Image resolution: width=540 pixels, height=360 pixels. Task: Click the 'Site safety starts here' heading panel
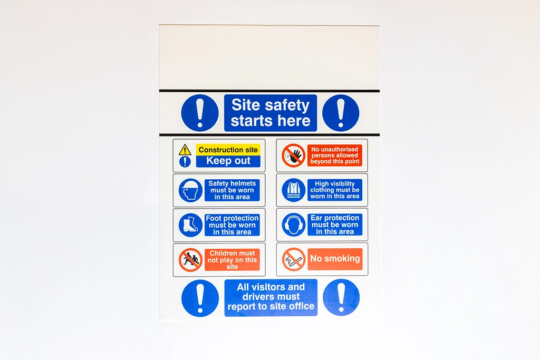271,113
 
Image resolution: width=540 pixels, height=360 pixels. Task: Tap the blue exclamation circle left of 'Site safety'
200,113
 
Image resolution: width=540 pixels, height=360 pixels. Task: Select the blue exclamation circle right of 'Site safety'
341,113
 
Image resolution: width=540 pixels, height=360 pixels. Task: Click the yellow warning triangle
185,150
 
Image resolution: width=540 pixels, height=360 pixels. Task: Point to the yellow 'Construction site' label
228,149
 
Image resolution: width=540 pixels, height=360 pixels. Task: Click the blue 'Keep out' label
228,161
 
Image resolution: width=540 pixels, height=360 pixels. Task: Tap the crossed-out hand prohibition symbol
293,155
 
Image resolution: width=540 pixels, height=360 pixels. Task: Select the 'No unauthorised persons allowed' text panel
335,155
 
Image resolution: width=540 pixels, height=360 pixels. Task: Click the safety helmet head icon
190,190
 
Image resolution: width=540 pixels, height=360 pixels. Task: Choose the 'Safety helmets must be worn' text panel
232,190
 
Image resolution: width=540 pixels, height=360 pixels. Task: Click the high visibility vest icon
293,190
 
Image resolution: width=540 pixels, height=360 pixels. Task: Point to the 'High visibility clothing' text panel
335,190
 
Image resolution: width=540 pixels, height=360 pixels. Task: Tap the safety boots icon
190,225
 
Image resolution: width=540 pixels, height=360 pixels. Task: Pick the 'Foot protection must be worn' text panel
232,225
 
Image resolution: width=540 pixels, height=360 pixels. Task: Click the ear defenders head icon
293,225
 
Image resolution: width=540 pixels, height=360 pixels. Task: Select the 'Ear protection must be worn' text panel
335,225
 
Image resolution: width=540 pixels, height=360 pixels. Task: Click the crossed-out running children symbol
190,260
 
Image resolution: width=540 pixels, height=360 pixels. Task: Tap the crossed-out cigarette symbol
294,259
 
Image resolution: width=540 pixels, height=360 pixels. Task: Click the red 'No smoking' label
335,259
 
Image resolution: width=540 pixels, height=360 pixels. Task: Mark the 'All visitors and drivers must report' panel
271,297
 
